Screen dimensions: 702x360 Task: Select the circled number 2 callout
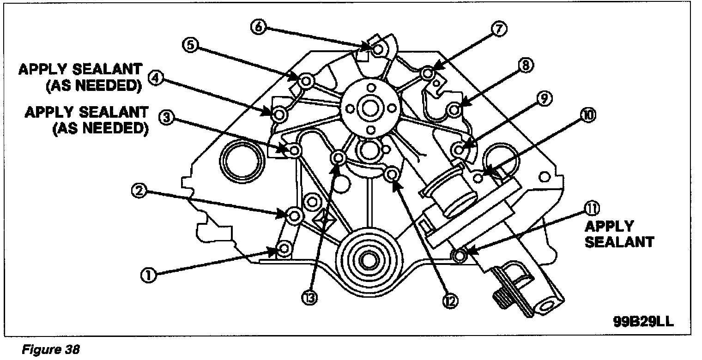click(139, 189)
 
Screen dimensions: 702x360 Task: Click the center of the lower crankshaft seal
click(368, 259)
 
